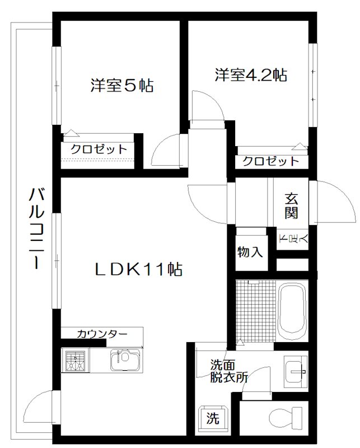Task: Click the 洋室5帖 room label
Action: point(122,86)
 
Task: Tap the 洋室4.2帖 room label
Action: point(250,74)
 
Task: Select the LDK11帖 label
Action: point(137,269)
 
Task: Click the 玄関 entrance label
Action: point(292,205)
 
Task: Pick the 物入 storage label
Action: point(250,251)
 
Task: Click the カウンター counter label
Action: point(102,334)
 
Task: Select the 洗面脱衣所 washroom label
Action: point(228,370)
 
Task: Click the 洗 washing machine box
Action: point(213,417)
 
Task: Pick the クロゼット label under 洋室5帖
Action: point(99,150)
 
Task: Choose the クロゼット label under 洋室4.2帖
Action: point(270,161)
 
